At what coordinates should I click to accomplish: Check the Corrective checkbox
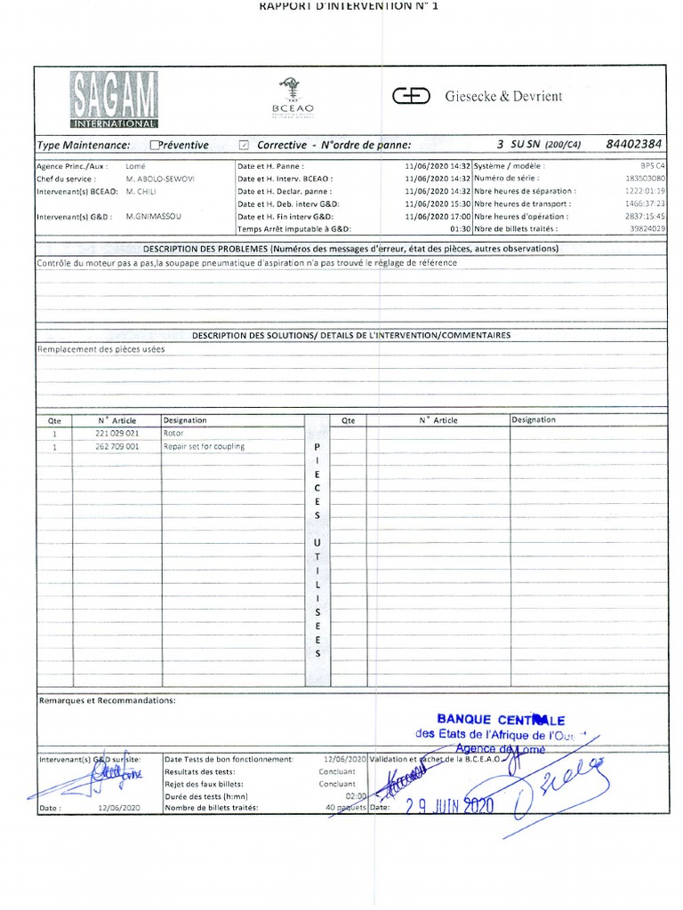(x=245, y=145)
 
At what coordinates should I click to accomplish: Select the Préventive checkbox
(x=156, y=145)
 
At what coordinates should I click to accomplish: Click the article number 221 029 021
(x=117, y=433)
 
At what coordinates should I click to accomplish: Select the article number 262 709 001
(x=117, y=446)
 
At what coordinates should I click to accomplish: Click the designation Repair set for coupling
(x=204, y=446)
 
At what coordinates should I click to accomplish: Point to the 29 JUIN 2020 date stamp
(x=449, y=806)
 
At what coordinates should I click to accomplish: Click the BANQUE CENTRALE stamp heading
(x=501, y=720)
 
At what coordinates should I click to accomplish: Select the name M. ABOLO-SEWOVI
(x=160, y=179)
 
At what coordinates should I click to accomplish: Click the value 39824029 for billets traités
(x=647, y=228)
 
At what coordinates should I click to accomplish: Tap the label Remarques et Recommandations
(x=108, y=700)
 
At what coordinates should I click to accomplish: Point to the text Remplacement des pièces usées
(x=100, y=349)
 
